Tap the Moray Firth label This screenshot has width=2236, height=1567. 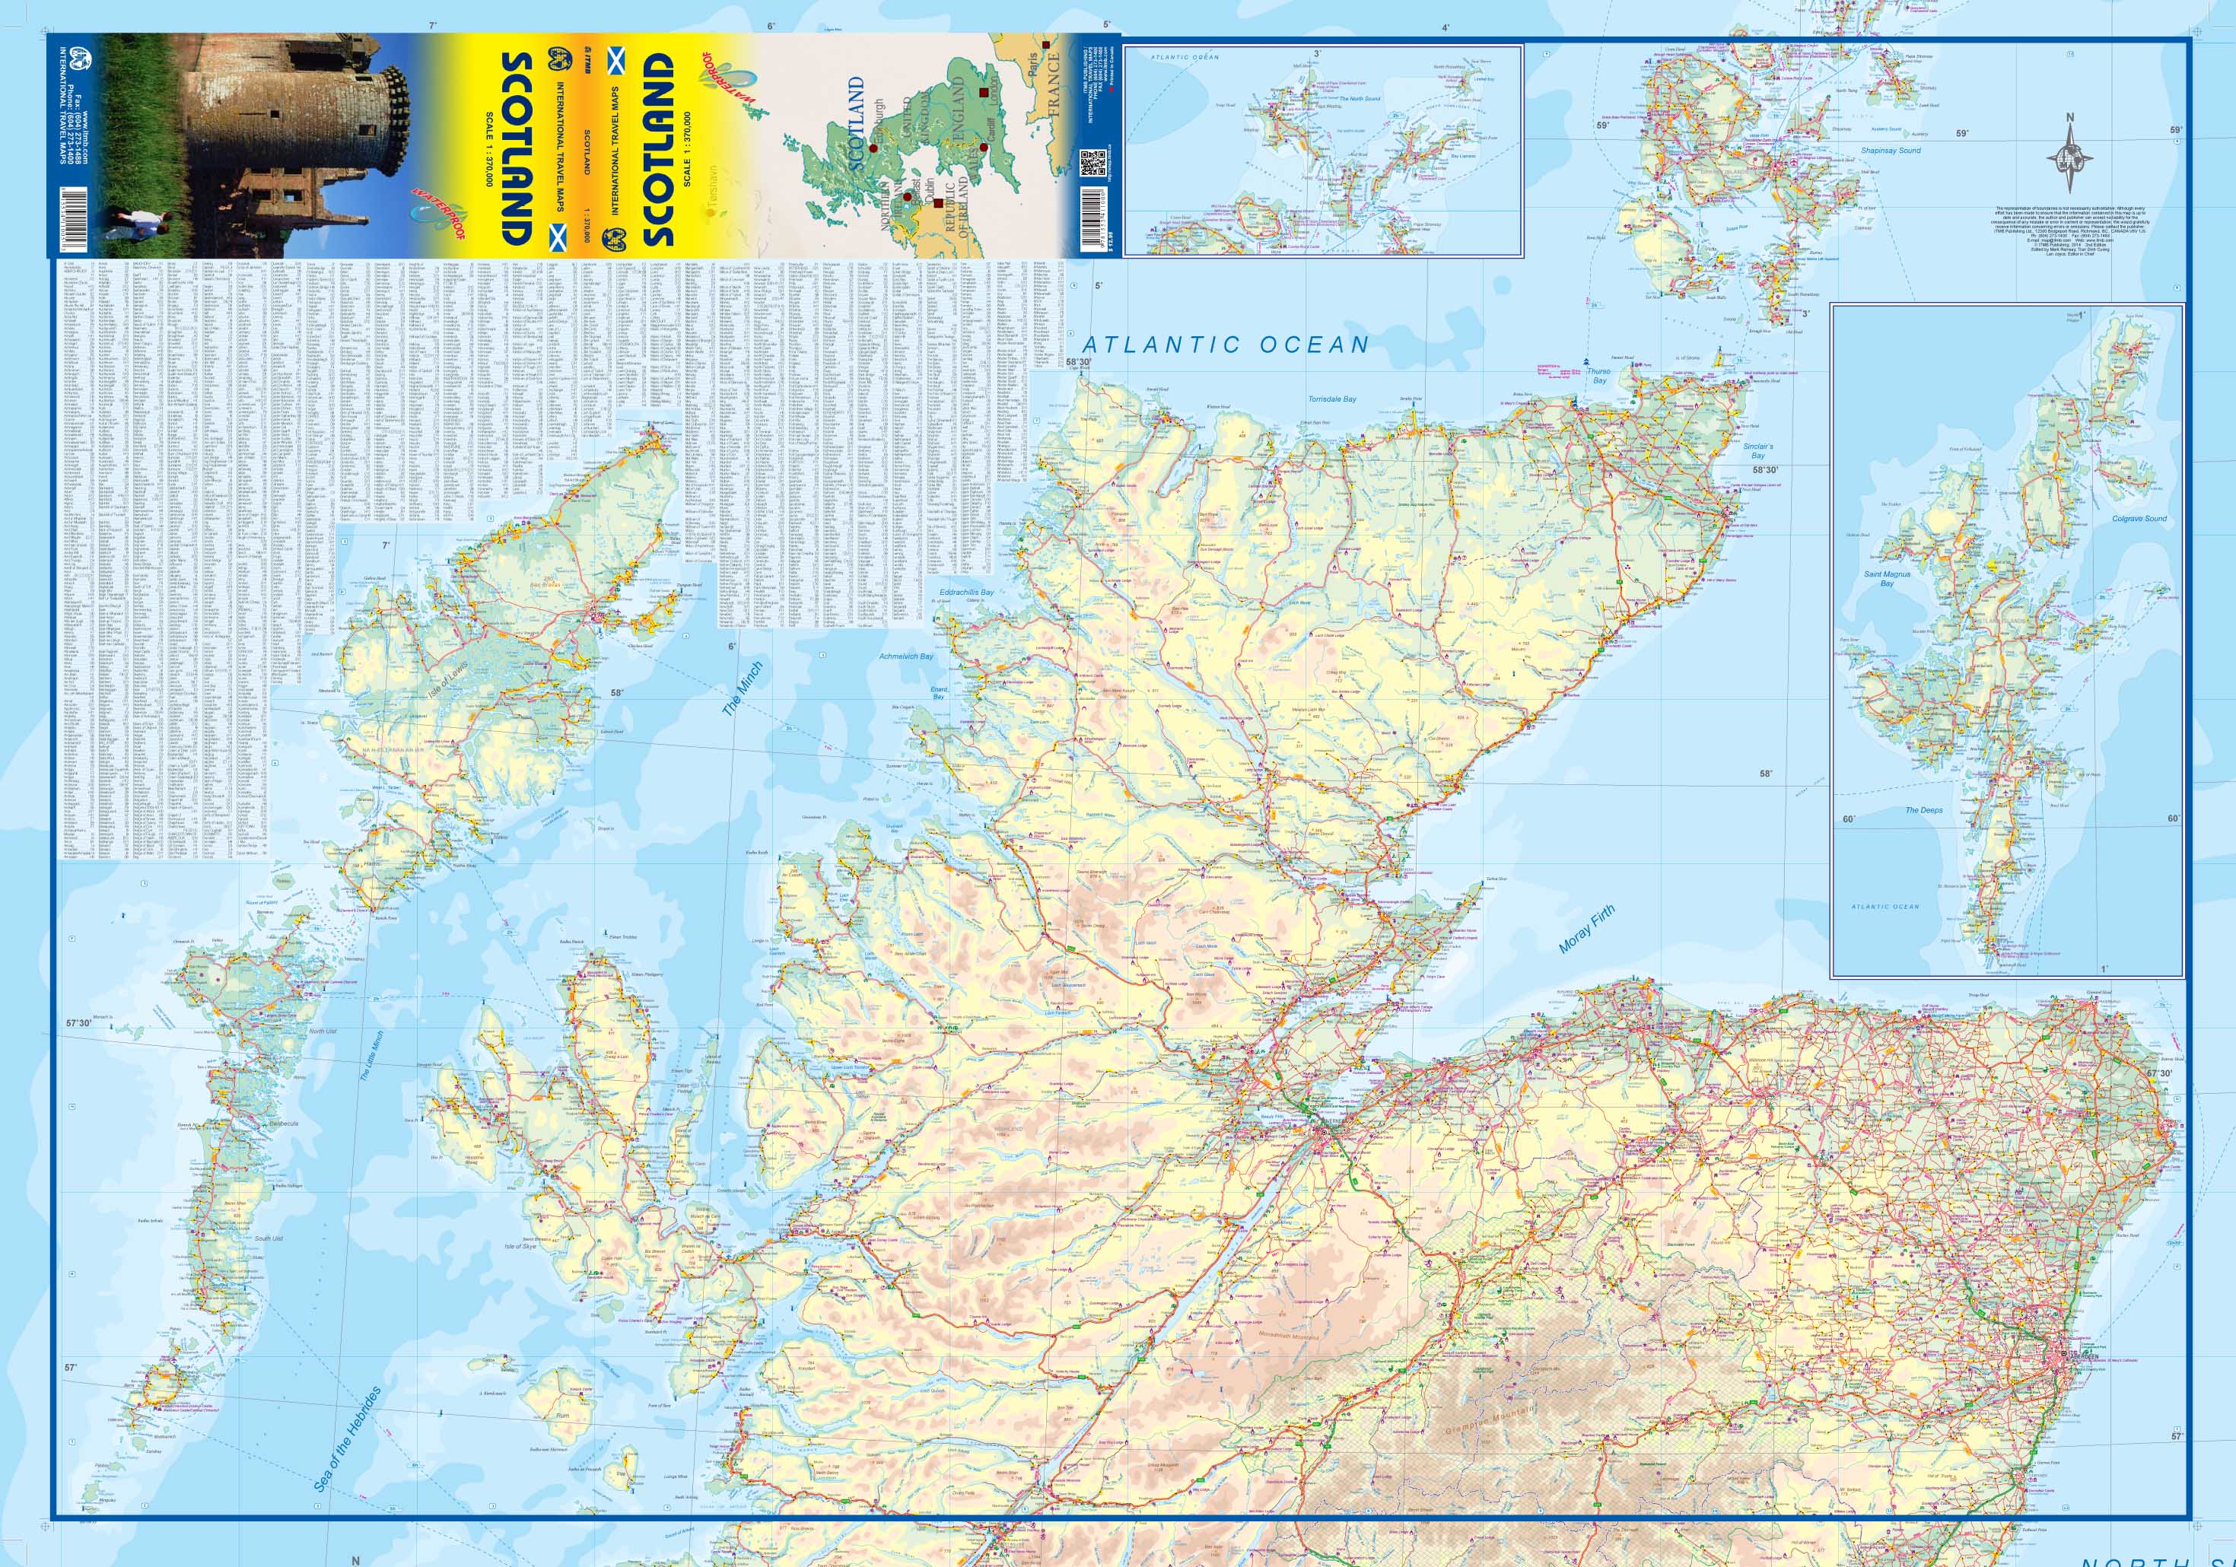coord(1586,927)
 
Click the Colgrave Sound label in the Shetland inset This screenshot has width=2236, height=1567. coord(2132,519)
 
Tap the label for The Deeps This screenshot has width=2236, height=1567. coord(1923,810)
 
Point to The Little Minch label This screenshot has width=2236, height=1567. coord(372,1056)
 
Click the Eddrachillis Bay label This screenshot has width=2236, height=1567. coord(965,592)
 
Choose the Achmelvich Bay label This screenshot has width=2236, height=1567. coord(905,656)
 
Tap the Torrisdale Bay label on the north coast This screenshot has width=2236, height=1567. coord(1331,399)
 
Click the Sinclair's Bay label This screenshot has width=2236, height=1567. coord(1757,451)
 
